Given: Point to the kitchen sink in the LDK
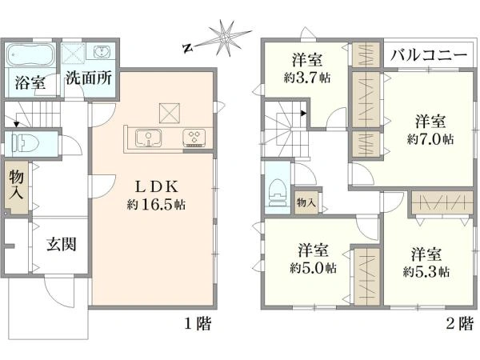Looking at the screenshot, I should point(148,138).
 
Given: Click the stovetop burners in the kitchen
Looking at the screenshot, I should point(194,138).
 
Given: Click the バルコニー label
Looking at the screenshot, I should point(429,57).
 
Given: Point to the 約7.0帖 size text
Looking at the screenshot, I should point(430,138).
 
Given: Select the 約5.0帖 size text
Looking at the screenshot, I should point(313,266).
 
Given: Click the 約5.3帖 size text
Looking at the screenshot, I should point(426,271).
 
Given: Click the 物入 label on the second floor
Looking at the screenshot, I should point(306,202).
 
